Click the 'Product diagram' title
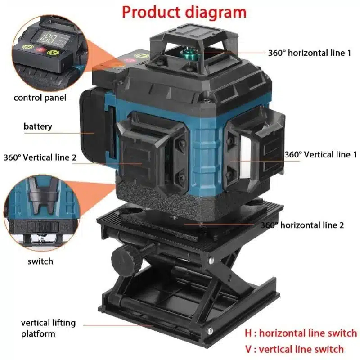(x=184, y=12)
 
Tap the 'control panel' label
(x=40, y=97)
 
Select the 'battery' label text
(x=38, y=126)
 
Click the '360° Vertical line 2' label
(x=40, y=157)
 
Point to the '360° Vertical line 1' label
(x=320, y=154)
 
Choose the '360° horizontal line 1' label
(x=310, y=53)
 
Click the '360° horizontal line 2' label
(x=302, y=225)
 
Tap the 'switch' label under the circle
(x=40, y=261)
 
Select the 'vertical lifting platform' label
(x=49, y=328)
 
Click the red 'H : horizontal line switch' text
(x=301, y=333)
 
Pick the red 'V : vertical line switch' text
(x=294, y=349)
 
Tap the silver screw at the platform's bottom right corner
(x=211, y=332)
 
